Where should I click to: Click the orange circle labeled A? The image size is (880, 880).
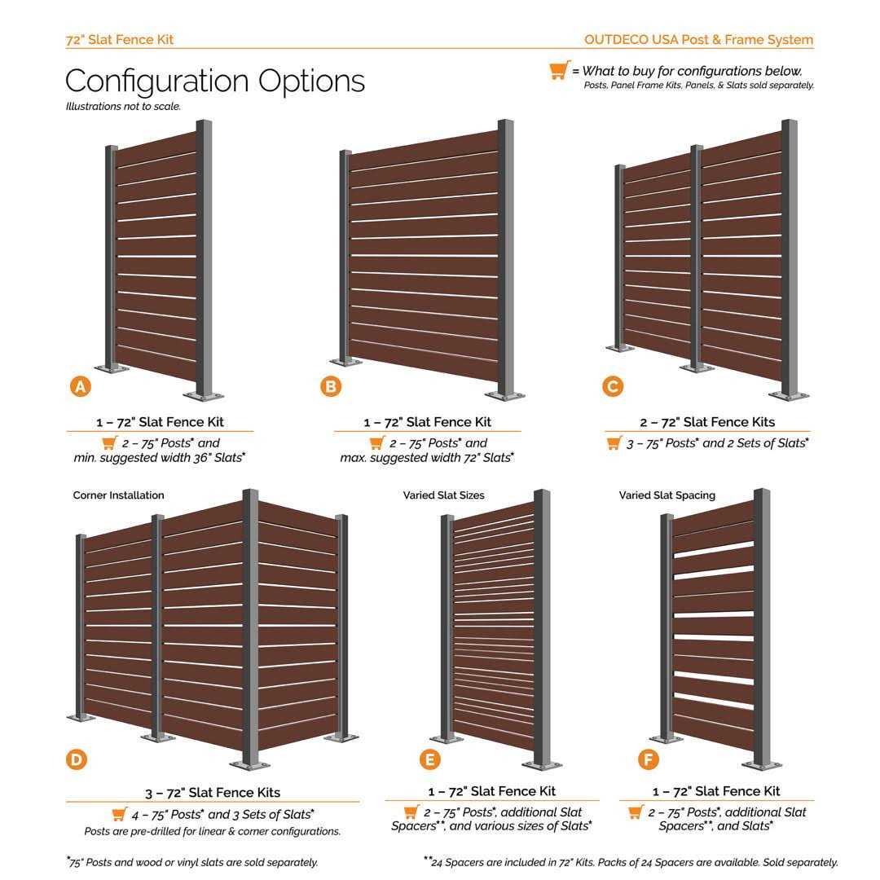pyautogui.click(x=80, y=386)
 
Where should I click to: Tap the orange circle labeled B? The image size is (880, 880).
pyautogui.click(x=330, y=386)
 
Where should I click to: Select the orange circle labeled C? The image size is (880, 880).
pyautogui.click(x=613, y=386)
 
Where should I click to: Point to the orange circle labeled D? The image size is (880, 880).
pyautogui.click(x=76, y=760)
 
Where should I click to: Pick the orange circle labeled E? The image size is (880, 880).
pyautogui.click(x=429, y=760)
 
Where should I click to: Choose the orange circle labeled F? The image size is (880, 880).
pyautogui.click(x=648, y=760)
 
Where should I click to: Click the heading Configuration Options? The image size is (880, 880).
pyautogui.click(x=214, y=81)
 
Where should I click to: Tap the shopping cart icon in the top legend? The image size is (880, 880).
pyautogui.click(x=559, y=71)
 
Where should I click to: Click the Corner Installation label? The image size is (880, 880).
pyautogui.click(x=118, y=495)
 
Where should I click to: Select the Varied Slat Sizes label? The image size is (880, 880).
pyautogui.click(x=443, y=495)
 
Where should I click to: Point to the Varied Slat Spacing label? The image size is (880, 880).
pyautogui.click(x=667, y=495)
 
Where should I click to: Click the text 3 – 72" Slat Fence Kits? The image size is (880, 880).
pyautogui.click(x=212, y=792)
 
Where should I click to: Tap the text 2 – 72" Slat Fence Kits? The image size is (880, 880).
pyautogui.click(x=707, y=422)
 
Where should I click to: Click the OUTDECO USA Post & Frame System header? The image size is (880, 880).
pyautogui.click(x=698, y=39)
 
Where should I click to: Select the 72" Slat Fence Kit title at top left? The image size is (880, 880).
pyautogui.click(x=119, y=39)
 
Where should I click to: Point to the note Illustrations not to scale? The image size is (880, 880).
pyautogui.click(x=123, y=106)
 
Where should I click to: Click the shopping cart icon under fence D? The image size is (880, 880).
pyautogui.click(x=119, y=814)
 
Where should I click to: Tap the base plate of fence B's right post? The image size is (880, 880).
pyautogui.click(x=506, y=396)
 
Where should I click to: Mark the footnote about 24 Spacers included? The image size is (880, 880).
pyautogui.click(x=630, y=862)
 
